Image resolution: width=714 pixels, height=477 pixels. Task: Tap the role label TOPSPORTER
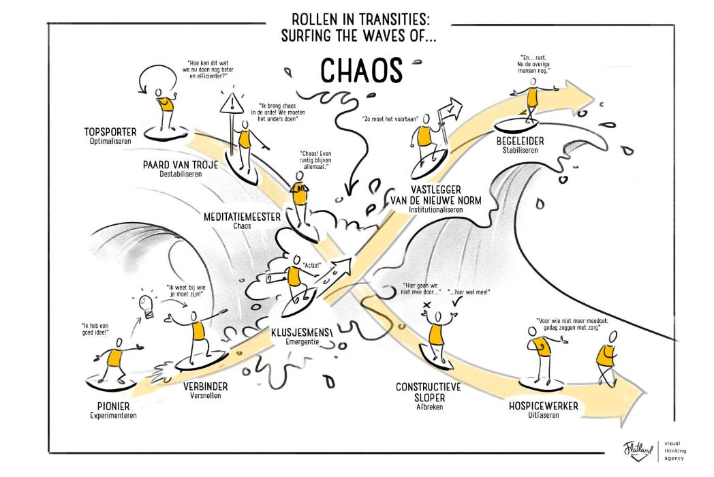(110, 132)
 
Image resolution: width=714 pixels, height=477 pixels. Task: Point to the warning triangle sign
(232, 104)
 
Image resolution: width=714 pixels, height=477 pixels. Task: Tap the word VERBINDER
(205, 386)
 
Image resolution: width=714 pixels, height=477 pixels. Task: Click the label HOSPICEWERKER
(544, 406)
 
